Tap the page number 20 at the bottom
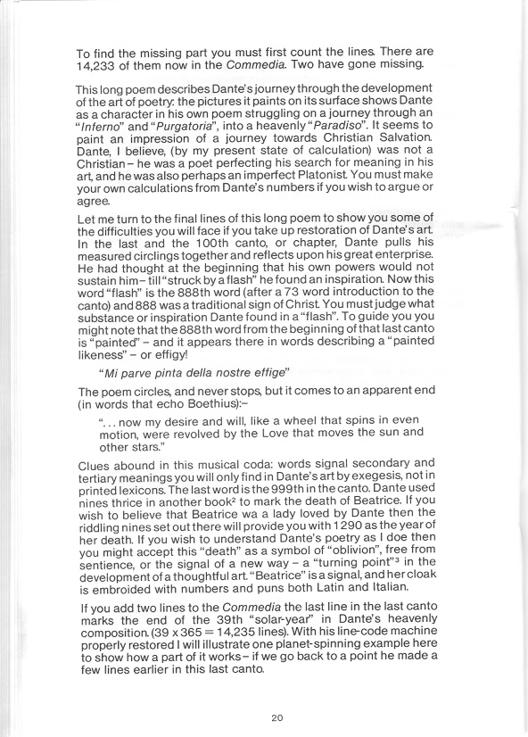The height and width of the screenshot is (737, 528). pos(276,716)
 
